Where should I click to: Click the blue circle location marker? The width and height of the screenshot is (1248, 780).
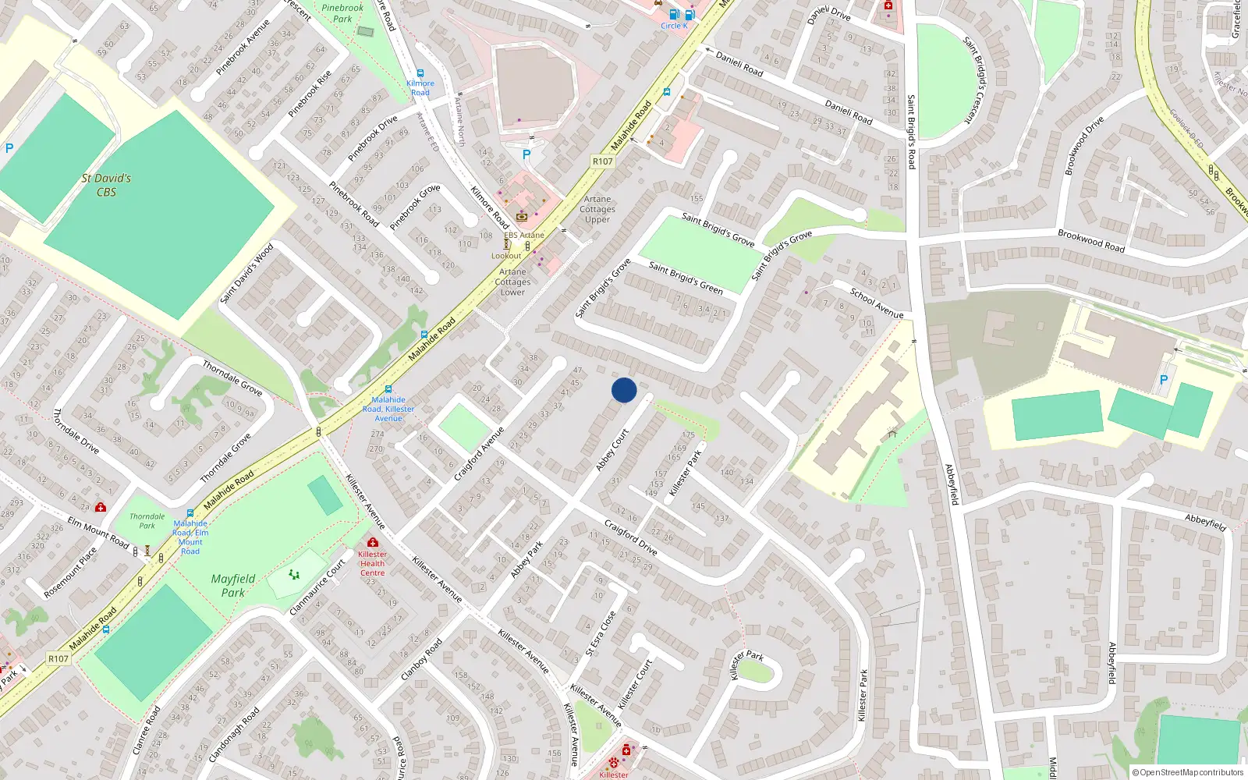point(624,390)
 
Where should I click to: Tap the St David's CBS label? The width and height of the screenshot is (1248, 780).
point(106,185)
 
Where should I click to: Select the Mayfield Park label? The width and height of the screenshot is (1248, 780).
point(232,585)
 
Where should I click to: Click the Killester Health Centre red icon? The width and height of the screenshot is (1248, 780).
point(373,542)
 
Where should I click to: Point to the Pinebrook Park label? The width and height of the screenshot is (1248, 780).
point(342,13)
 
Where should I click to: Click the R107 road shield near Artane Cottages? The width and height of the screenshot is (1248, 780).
point(602,161)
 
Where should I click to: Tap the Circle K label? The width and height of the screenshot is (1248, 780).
point(674,26)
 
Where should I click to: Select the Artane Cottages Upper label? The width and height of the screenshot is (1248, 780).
point(597,209)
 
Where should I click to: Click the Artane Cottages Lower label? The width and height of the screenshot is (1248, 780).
point(512,282)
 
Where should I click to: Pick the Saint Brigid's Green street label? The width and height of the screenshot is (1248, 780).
point(686,278)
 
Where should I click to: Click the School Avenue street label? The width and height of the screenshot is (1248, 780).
point(876,303)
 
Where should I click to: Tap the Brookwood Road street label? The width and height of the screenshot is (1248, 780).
point(1090,240)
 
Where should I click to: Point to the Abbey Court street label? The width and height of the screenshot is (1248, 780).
point(612,450)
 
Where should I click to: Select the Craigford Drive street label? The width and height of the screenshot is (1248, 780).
point(631,537)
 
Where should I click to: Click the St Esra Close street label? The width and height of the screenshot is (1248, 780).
point(601,633)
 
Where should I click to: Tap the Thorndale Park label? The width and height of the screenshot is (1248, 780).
point(147,520)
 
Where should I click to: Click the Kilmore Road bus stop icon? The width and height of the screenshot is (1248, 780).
point(420,73)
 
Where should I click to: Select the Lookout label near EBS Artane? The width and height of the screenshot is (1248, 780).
point(506,256)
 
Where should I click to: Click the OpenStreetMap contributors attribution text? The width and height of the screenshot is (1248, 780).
point(1189,772)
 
